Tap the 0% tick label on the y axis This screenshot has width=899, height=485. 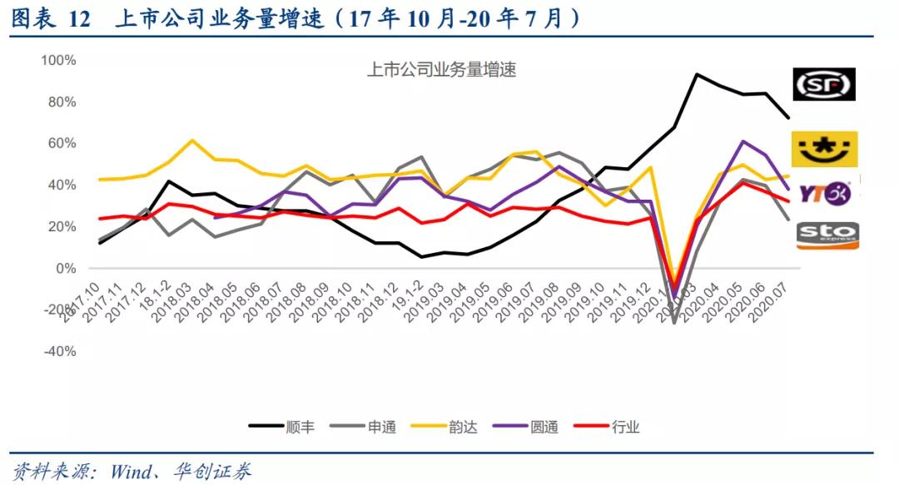(x=65, y=268)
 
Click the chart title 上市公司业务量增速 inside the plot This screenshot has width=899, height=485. (x=441, y=70)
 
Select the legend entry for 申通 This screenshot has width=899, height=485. (x=363, y=427)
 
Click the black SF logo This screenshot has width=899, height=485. (x=823, y=84)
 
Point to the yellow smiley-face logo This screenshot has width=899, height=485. (x=823, y=149)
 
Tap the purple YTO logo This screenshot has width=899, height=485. (x=823, y=193)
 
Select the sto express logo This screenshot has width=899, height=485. (x=827, y=235)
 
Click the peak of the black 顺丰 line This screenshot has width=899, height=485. (x=696, y=74)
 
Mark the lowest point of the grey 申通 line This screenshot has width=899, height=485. (x=674, y=322)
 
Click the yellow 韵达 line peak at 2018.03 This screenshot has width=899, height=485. (x=192, y=140)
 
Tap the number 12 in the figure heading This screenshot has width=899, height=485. (x=78, y=19)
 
